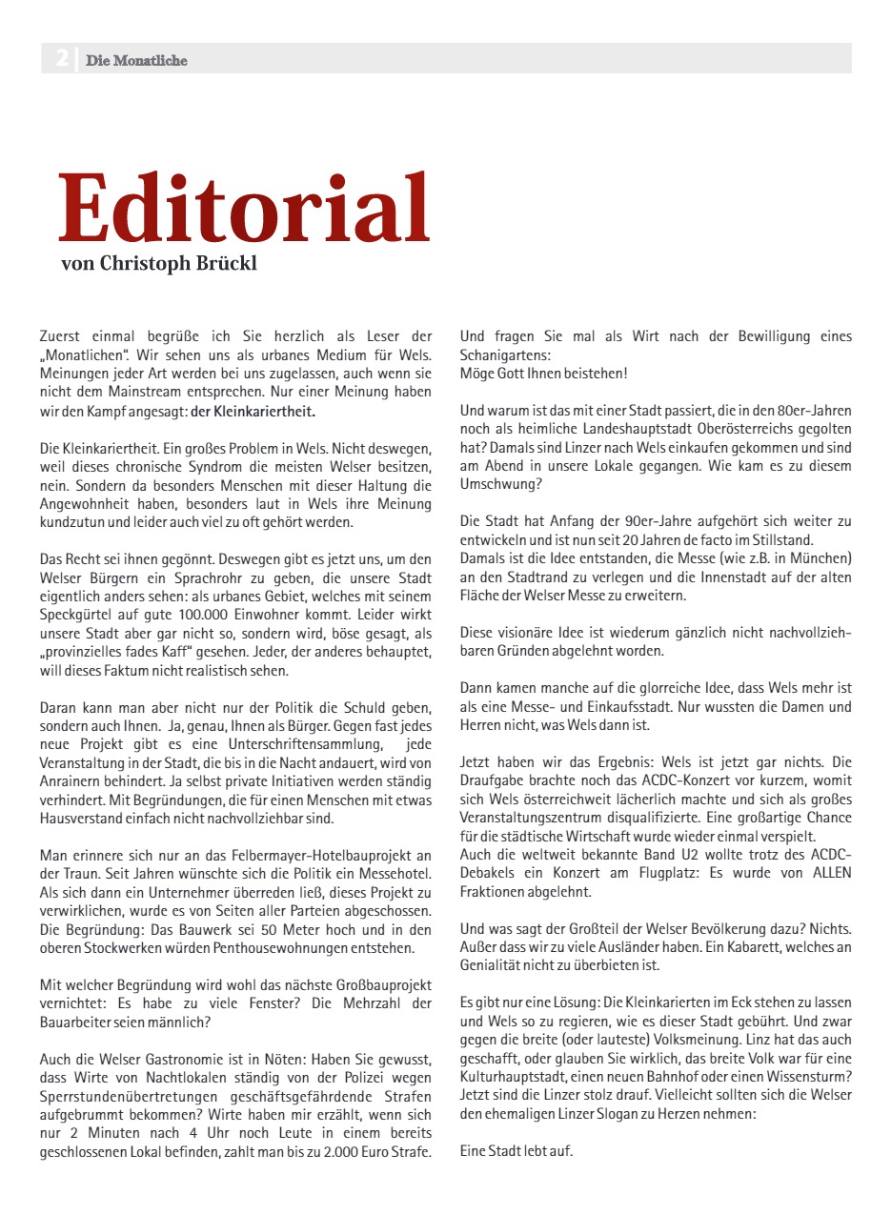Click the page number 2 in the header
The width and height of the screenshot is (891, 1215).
[63, 59]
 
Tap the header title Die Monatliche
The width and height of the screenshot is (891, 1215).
[136, 61]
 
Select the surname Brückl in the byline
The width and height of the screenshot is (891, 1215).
[226, 264]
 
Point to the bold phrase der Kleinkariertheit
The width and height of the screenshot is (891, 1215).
[253, 413]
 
